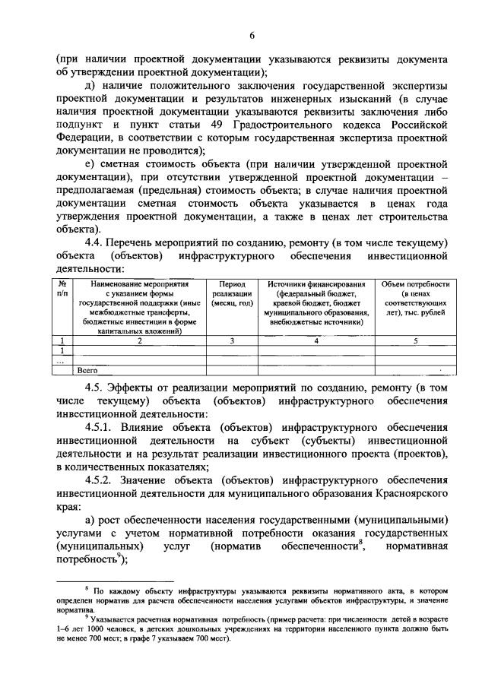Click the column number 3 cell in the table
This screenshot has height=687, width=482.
pyautogui.click(x=232, y=340)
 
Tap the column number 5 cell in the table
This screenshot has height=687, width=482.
pyautogui.click(x=415, y=340)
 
